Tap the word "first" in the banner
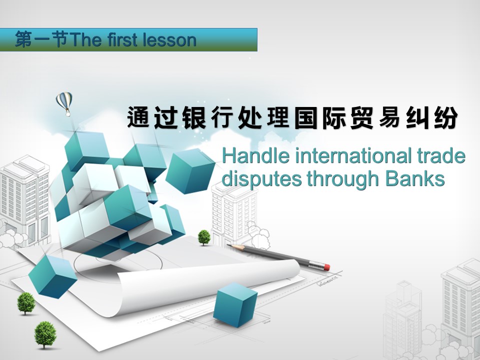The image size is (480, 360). pos(121,40)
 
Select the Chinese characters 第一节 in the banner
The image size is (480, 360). pos(41,40)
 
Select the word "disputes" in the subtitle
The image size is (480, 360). pos(261,179)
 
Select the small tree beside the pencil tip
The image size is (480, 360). pos(204,237)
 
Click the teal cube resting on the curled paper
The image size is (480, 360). pos(235,304)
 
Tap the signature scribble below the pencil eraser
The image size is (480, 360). pos(327,281)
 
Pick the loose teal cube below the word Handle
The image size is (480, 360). pos(190,171)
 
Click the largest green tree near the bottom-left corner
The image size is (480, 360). pos(45,335)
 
